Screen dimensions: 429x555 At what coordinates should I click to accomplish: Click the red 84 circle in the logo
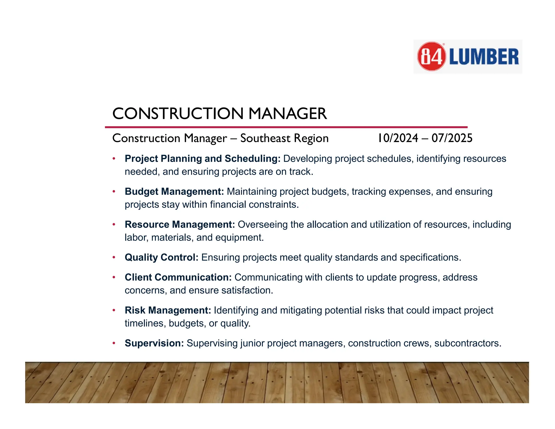tap(431, 56)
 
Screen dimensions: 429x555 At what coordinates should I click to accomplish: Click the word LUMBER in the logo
tap(484, 57)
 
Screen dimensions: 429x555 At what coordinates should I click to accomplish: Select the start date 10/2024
tap(398, 138)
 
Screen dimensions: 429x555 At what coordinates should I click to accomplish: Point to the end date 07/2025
tap(452, 138)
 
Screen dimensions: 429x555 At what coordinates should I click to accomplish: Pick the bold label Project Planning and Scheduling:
tap(202, 159)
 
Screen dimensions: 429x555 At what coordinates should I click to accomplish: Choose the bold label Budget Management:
tap(174, 191)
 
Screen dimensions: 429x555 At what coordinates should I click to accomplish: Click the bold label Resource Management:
tap(180, 225)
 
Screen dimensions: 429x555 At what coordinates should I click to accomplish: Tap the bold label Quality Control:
tap(162, 257)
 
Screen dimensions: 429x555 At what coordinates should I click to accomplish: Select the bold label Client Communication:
tap(178, 277)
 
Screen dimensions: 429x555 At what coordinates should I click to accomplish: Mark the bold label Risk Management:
tap(168, 310)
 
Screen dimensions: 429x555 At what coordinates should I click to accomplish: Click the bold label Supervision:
tap(154, 343)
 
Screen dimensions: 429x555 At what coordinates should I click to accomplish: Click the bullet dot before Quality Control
tap(114, 257)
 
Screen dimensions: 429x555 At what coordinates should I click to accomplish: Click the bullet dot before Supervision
tap(114, 343)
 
